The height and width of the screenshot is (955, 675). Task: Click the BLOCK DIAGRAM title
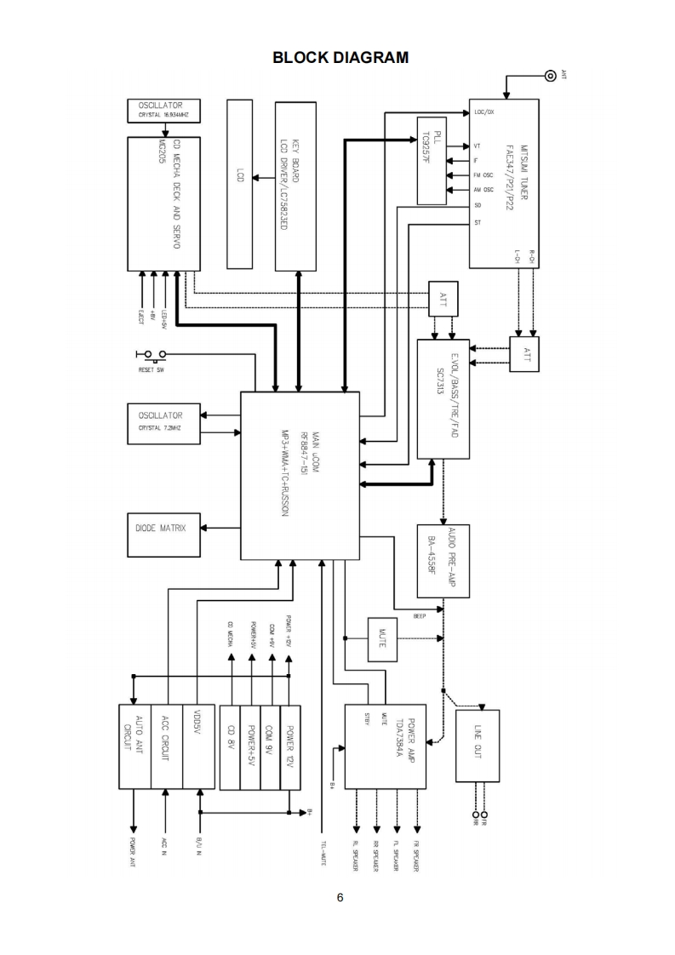point(340,57)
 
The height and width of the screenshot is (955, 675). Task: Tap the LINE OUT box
point(478,745)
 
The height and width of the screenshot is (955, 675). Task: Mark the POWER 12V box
point(291,746)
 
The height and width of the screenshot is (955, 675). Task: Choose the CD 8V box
point(230,746)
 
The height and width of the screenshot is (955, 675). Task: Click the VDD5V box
point(198,746)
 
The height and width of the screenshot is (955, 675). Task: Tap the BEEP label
point(420,616)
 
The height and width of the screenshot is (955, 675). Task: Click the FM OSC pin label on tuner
point(483,175)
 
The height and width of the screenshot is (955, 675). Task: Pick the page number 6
point(340,897)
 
